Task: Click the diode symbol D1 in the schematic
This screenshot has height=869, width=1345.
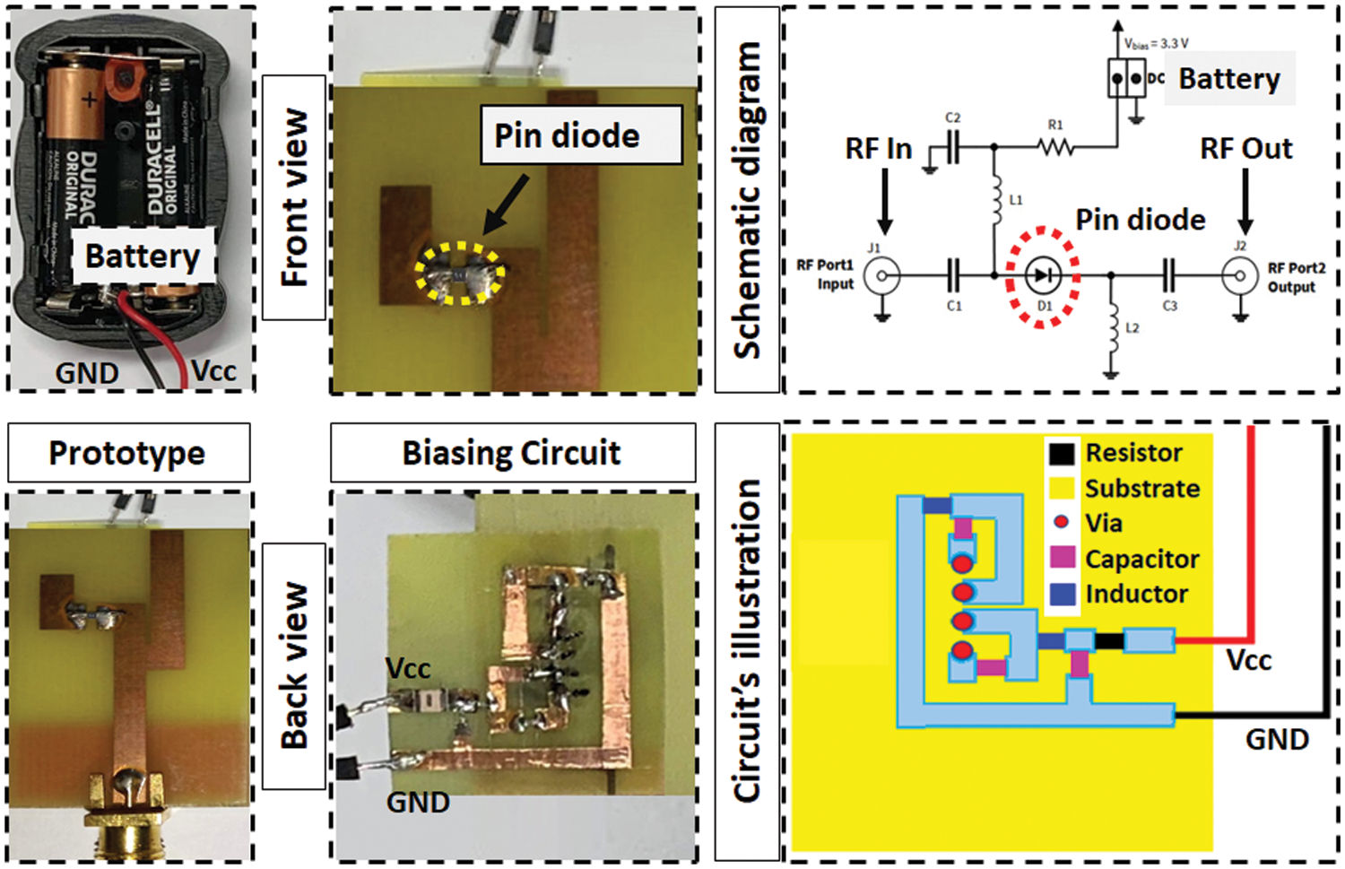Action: [x=1042, y=275]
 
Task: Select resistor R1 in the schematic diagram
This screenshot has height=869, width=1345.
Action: [x=1056, y=147]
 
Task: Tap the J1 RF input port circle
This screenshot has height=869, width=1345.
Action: [x=882, y=275]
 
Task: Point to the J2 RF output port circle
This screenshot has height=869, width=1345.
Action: [x=1240, y=275]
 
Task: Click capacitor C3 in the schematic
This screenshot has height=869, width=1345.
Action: [x=1169, y=275]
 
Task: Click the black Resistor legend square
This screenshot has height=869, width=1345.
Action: [x=1062, y=454]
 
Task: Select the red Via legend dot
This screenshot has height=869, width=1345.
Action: [x=1062, y=522]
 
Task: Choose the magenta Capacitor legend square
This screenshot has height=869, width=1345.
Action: [x=1062, y=558]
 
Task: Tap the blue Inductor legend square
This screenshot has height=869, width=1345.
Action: [x=1062, y=594]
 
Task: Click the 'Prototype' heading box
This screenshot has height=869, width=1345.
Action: [x=127, y=453]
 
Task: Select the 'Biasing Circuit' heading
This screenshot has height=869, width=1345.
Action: [x=511, y=453]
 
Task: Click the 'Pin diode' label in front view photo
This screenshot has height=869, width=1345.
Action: [x=568, y=135]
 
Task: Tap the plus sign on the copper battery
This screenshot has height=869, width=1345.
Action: [x=89, y=99]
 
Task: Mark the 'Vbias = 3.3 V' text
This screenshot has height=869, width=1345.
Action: [x=1157, y=43]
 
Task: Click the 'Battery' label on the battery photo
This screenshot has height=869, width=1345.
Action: [x=143, y=256]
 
